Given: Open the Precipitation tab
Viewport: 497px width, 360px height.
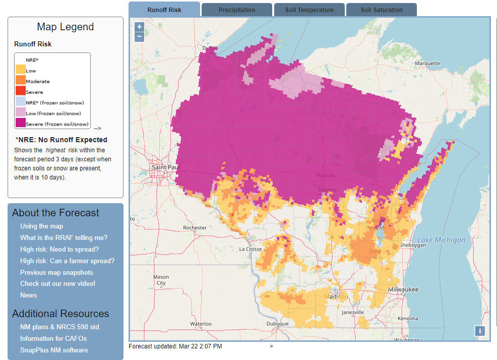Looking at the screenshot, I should (236, 10).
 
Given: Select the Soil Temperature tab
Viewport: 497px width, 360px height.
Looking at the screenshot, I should (309, 10).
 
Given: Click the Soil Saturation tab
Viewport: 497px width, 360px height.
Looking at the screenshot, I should (381, 10).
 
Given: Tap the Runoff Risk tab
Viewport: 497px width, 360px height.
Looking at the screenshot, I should (164, 10).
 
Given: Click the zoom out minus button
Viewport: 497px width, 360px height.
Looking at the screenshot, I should (140, 37).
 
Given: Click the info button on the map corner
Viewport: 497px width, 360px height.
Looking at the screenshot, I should (480, 331).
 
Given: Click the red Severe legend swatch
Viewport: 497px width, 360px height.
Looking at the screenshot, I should (20, 92).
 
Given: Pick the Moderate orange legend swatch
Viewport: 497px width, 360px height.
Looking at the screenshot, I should (20, 81).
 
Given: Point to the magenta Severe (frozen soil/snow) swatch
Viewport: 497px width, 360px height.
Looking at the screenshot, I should (20, 124).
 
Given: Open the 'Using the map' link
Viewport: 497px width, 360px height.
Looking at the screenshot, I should (41, 226).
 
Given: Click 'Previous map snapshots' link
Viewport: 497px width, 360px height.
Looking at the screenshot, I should (56, 272).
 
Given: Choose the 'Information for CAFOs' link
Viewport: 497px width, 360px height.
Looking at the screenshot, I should (53, 338).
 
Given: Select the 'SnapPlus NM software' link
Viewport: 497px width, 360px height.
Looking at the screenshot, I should (54, 350).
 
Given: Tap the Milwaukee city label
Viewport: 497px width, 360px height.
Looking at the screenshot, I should (403, 289).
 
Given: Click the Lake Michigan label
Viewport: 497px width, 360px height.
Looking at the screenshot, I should (442, 240).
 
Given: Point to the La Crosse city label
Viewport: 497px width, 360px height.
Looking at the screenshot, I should (251, 249).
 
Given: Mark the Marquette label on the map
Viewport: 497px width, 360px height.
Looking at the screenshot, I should (427, 64).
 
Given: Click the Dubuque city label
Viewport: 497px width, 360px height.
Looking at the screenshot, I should (277, 324).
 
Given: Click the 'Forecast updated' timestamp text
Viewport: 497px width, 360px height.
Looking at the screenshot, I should (175, 346).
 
